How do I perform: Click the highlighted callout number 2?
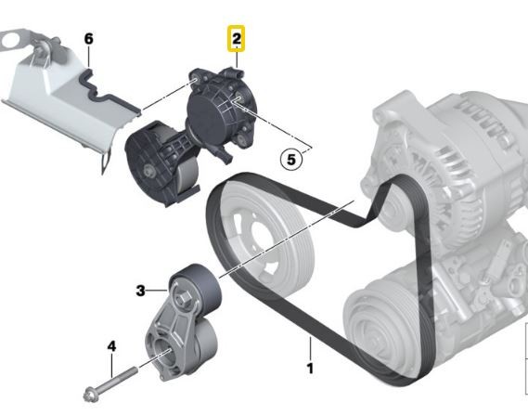click(x=237, y=38)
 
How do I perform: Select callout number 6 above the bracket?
click(x=89, y=38)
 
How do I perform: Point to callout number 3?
click(x=141, y=291)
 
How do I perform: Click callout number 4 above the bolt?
click(x=111, y=346)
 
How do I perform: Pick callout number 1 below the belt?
click(x=310, y=369)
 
